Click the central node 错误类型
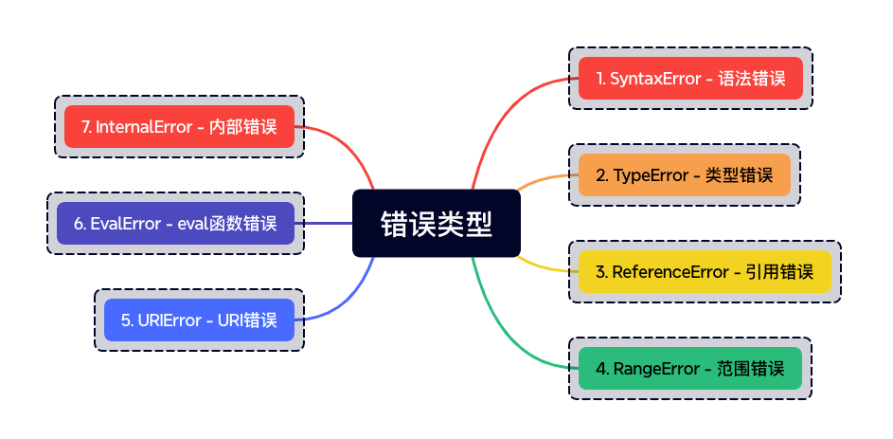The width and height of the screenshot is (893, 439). click(437, 223)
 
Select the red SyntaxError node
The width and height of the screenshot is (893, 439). click(690, 78)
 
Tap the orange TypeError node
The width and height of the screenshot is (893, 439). click(684, 174)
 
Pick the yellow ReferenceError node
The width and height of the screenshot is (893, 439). click(705, 271)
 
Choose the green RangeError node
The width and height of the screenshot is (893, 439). click(690, 368)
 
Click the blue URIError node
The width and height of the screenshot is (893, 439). click(199, 320)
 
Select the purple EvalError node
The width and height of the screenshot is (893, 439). click(175, 223)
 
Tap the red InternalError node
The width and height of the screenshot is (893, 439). click(179, 126)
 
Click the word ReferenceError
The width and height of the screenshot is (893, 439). click(670, 271)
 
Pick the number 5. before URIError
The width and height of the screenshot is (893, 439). click(127, 320)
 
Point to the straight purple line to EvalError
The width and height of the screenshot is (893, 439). click(324, 223)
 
